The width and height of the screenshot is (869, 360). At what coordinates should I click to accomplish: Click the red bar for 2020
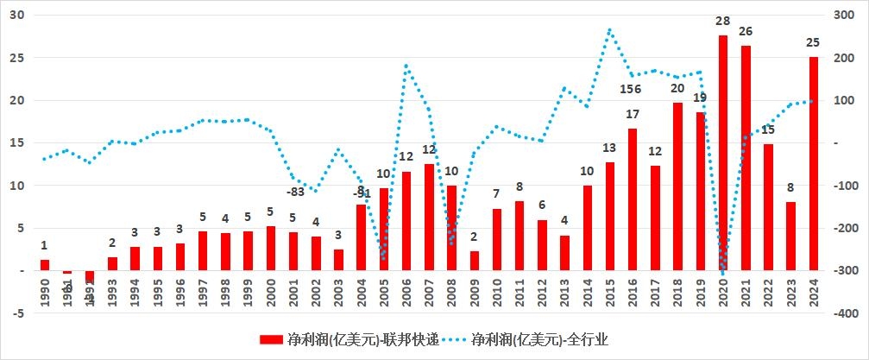[723, 153]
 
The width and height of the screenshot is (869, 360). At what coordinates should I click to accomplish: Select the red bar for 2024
[813, 164]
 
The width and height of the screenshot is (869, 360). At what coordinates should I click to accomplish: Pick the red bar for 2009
[475, 261]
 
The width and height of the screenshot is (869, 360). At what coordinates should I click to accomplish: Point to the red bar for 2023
[790, 237]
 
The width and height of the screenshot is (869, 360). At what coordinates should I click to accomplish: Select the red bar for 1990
[45, 265]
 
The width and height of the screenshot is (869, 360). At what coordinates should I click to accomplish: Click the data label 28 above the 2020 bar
[723, 21]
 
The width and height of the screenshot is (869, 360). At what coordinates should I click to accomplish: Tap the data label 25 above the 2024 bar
[813, 42]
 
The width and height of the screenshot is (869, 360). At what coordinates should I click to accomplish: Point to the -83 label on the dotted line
[296, 192]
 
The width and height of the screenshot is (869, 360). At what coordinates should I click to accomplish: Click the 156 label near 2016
[631, 90]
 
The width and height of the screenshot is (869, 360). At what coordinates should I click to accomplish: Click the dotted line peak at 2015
[610, 30]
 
